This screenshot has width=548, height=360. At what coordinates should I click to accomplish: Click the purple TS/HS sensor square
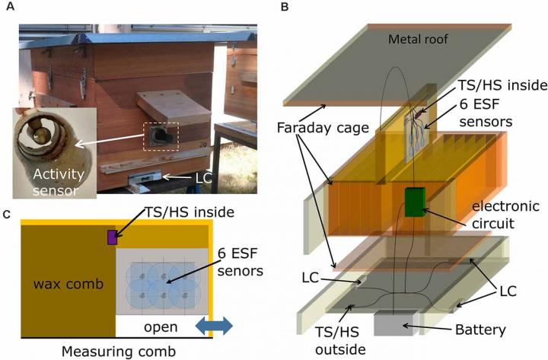tap(111, 238)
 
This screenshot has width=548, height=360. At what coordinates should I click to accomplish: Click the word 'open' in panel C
tap(159, 327)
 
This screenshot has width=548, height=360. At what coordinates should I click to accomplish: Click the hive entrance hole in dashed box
tap(161, 137)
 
